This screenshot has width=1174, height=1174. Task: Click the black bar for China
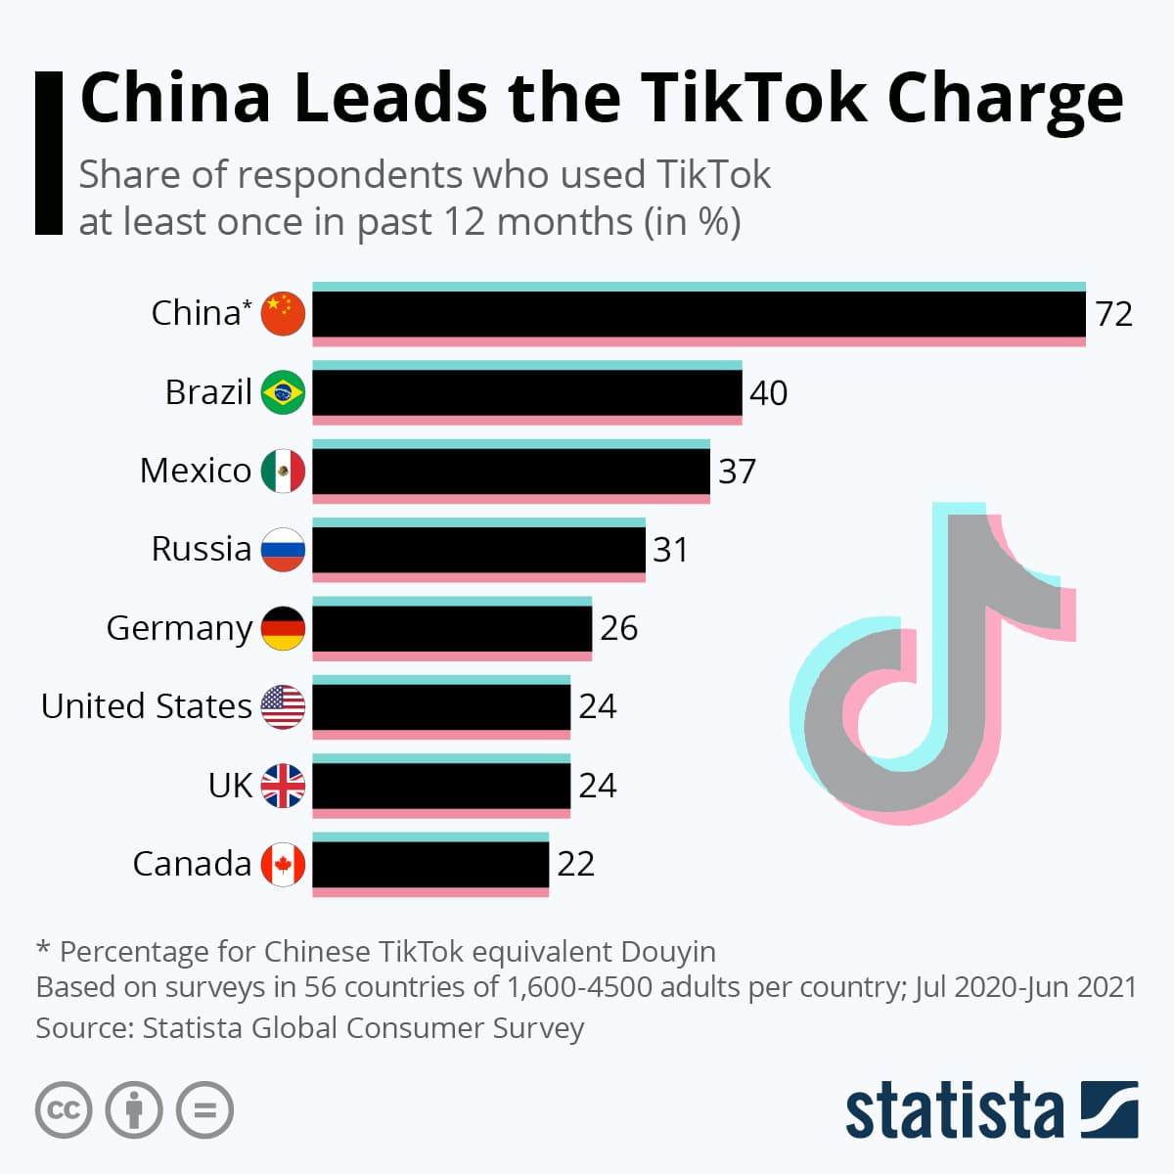(699, 314)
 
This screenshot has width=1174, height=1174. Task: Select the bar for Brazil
(526, 392)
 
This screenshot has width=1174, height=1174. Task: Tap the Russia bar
(478, 550)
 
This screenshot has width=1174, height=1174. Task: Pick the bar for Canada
(430, 864)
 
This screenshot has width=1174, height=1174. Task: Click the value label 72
(1113, 314)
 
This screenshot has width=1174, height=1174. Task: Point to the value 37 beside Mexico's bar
(737, 472)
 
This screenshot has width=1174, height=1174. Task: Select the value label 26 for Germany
(618, 628)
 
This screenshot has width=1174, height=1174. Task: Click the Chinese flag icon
(283, 314)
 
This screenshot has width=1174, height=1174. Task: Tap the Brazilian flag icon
(283, 392)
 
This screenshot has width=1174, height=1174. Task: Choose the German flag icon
(283, 628)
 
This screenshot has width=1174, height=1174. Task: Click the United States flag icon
(283, 706)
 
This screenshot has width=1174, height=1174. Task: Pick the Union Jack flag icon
(283, 786)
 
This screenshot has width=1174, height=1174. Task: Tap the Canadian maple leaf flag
(283, 864)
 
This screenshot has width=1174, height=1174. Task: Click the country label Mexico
(196, 471)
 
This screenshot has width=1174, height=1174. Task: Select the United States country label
(147, 706)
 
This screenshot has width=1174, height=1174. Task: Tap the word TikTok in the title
(753, 98)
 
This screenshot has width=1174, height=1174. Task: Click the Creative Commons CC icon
(64, 1110)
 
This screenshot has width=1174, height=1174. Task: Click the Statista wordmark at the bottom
(954, 1110)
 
